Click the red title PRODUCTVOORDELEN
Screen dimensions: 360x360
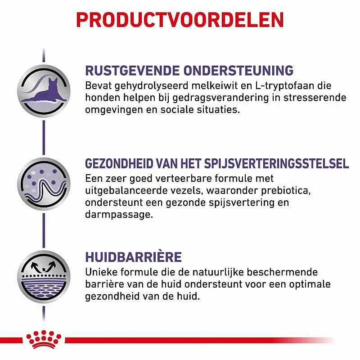point(180,20)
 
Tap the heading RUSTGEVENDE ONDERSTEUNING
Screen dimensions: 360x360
point(189,71)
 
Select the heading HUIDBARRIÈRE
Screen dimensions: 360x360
point(133,257)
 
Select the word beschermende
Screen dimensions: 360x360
point(274,273)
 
